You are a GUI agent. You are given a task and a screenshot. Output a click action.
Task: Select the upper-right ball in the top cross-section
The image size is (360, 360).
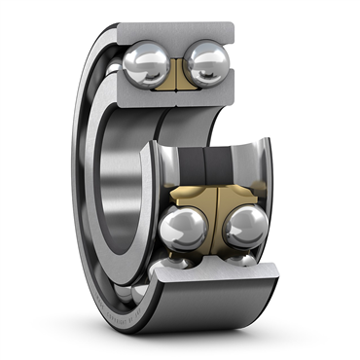click(x=207, y=63)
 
